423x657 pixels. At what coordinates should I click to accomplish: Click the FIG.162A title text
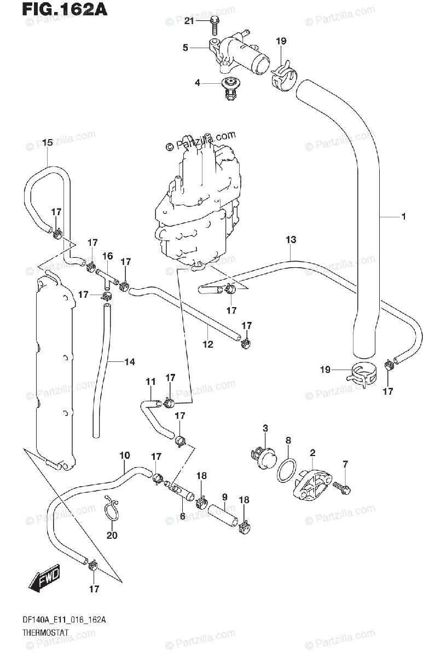(65, 9)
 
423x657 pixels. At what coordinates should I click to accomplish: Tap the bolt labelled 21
(214, 26)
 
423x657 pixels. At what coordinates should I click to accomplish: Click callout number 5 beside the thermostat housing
(186, 48)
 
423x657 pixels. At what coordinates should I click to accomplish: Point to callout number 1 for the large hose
(404, 217)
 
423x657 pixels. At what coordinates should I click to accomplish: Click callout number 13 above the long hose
(291, 240)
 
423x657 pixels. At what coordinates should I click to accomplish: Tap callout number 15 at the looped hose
(47, 142)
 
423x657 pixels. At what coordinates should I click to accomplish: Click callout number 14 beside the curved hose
(130, 362)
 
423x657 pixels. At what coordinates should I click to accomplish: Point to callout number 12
(208, 344)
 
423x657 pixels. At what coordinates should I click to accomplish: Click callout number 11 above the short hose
(150, 382)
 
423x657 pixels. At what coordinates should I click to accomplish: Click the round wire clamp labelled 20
(112, 511)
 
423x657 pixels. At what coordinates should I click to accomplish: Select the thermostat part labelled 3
(264, 458)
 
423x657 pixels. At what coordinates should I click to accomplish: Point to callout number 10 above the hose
(125, 455)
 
